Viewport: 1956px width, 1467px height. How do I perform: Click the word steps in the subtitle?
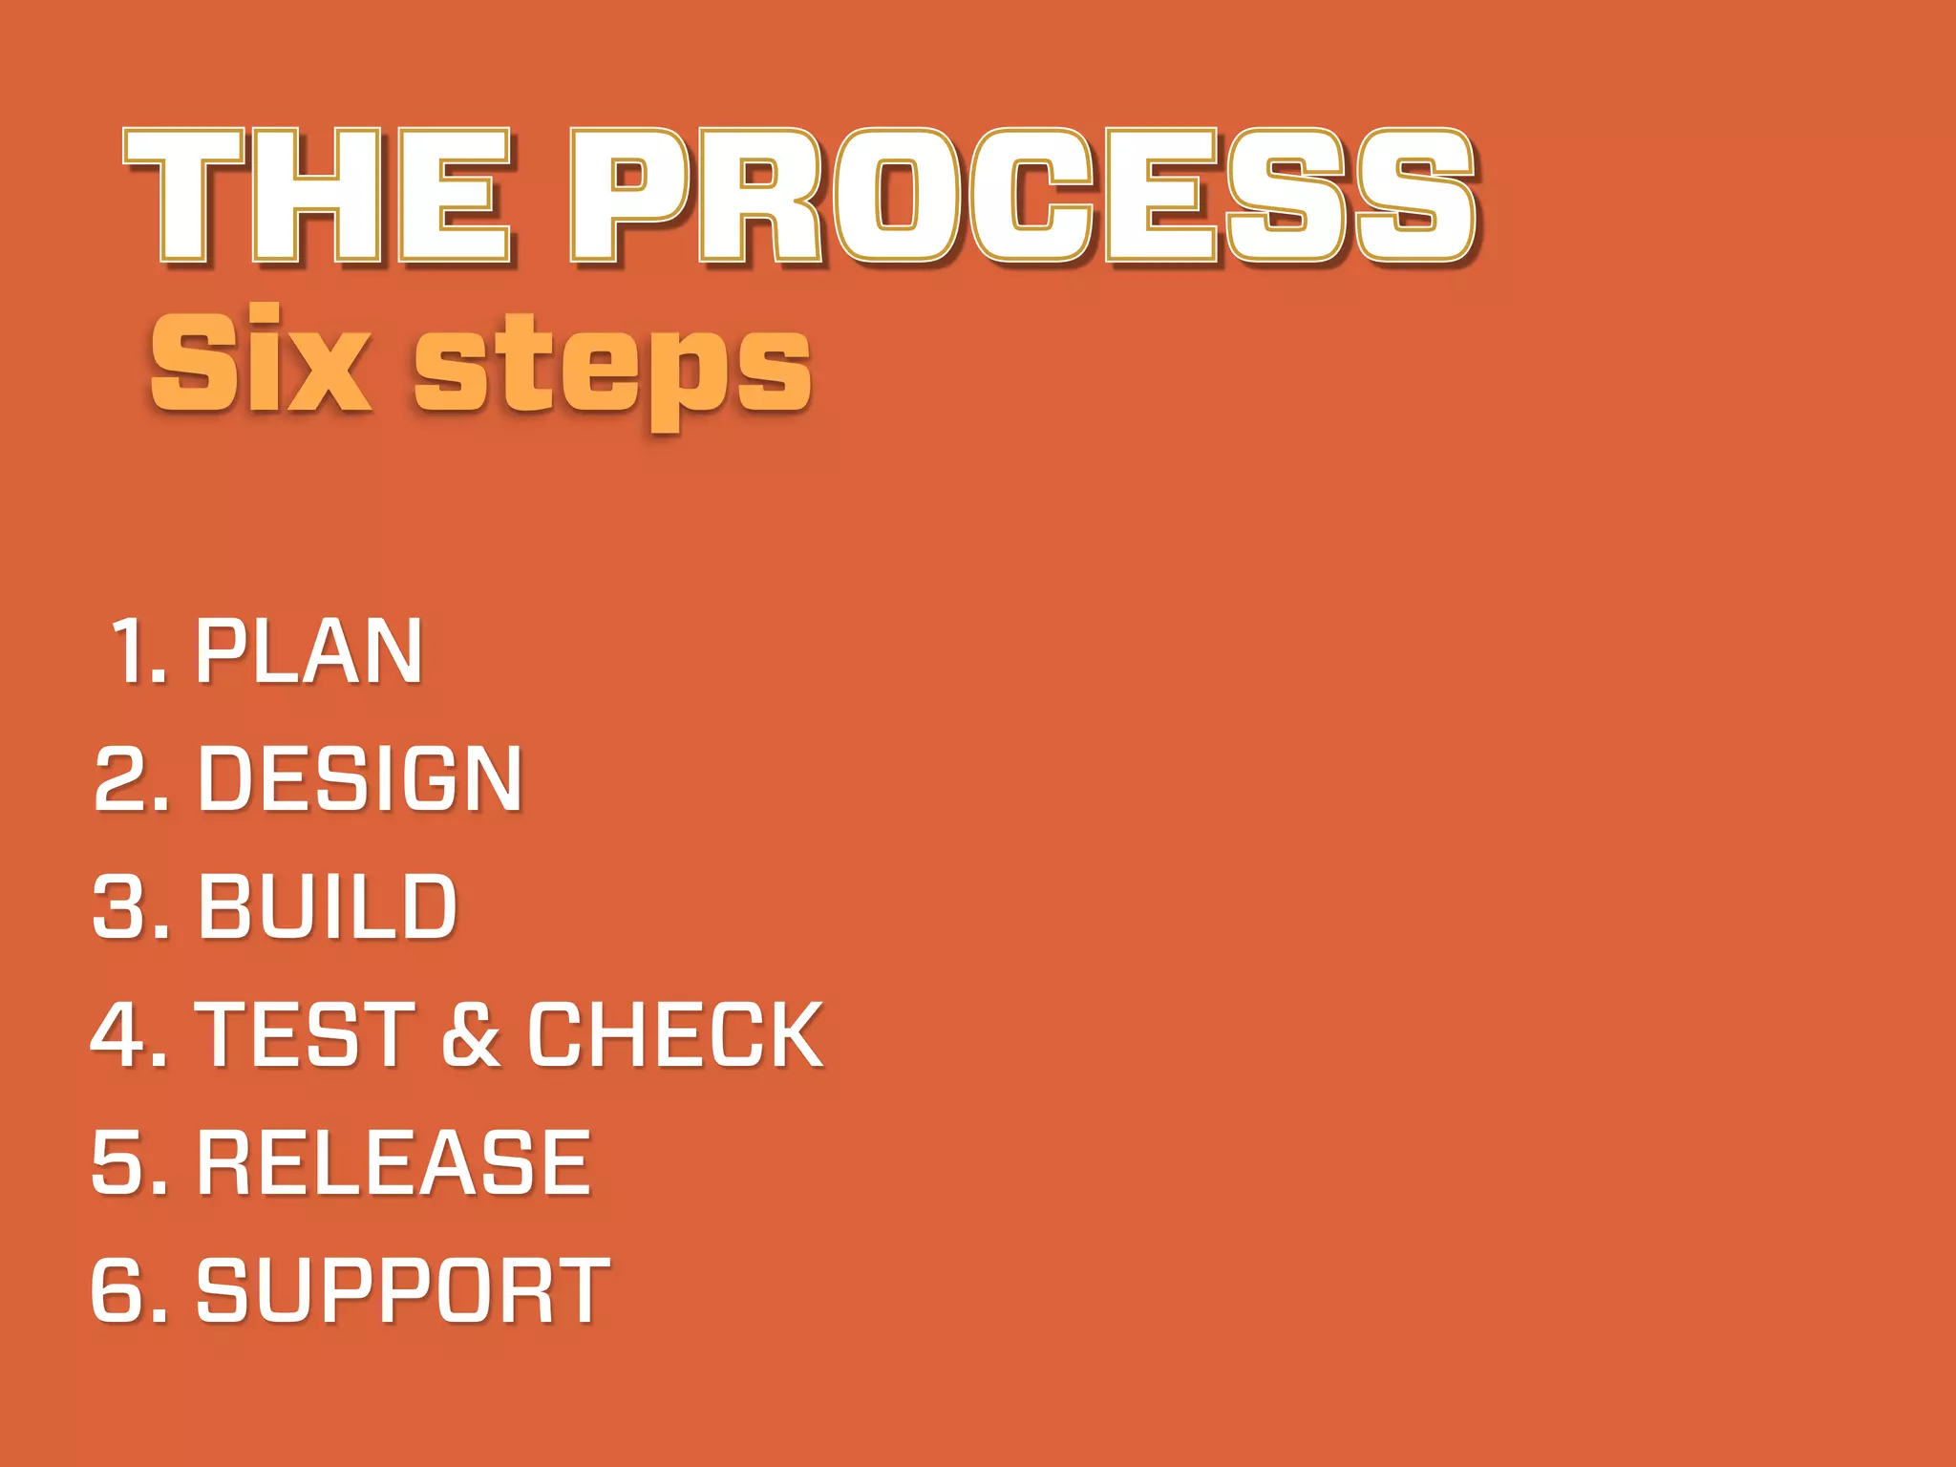click(x=611, y=368)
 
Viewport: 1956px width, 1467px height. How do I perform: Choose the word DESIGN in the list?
click(x=359, y=779)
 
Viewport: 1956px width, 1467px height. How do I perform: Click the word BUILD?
click(x=327, y=906)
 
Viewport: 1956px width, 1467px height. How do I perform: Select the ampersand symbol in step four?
click(x=471, y=1034)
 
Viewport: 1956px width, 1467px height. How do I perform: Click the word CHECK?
click(x=674, y=1034)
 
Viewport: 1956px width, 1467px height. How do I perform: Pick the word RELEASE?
click(x=393, y=1162)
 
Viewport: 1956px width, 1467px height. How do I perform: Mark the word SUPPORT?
click(x=402, y=1290)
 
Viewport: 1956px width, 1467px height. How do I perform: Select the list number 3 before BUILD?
click(x=119, y=906)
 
